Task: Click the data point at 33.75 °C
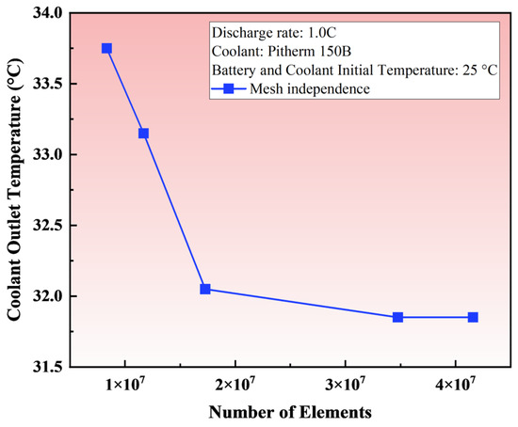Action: [106, 48]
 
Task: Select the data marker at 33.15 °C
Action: [143, 134]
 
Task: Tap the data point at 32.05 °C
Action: [205, 289]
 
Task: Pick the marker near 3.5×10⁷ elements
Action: [397, 317]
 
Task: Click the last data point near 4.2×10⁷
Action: [473, 317]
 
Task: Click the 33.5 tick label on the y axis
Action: [47, 84]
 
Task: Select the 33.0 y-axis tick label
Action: [47, 154]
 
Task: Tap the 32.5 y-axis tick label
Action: [47, 226]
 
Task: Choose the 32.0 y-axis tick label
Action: [47, 296]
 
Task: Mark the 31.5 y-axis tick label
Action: [47, 367]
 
